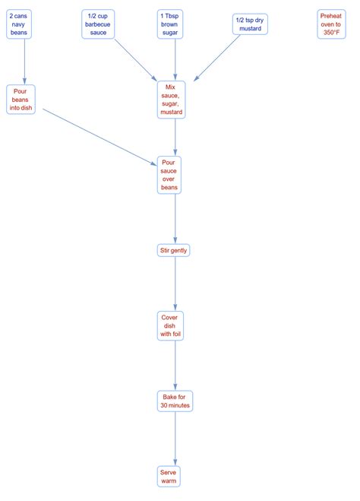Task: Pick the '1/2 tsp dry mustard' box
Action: [x=250, y=24]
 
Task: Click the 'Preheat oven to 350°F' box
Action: [x=330, y=24]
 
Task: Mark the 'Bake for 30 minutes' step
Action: [x=175, y=400]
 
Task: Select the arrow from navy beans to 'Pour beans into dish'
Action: [x=24, y=61]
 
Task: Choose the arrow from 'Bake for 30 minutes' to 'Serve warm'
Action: [x=175, y=438]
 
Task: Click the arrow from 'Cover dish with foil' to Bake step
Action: [x=175, y=363]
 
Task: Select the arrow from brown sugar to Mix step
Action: [x=175, y=59]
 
